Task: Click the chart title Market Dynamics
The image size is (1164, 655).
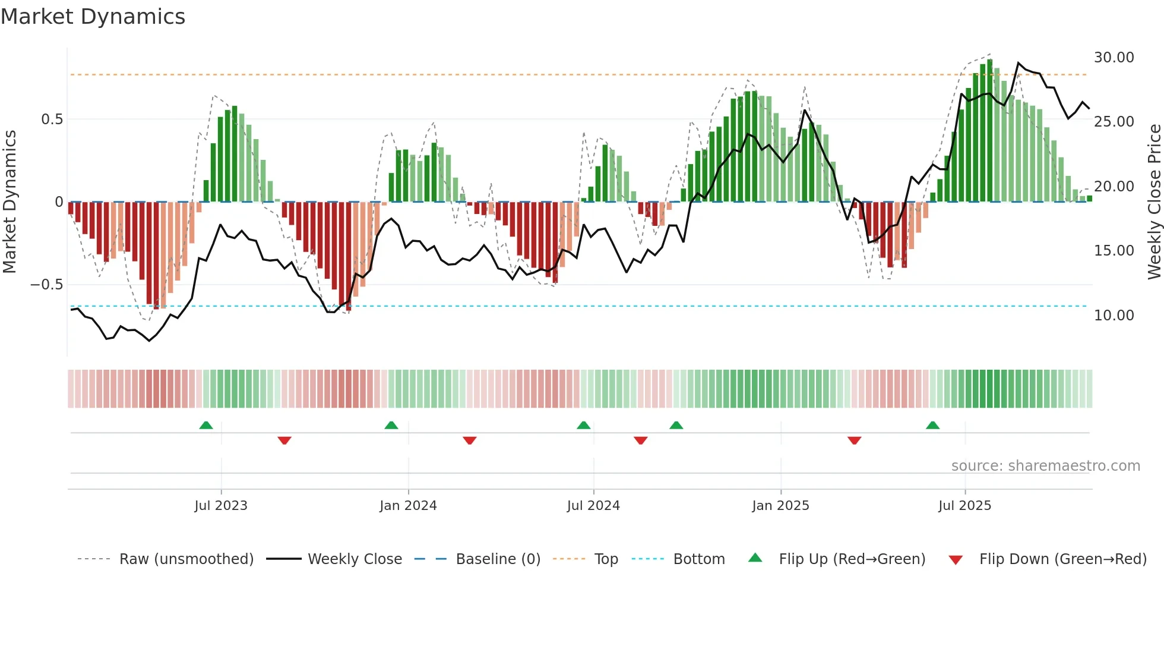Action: click(93, 17)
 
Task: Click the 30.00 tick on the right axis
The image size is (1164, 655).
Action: click(1114, 58)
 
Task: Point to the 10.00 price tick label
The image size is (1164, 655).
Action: click(1114, 316)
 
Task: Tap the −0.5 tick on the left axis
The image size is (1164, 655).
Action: click(46, 285)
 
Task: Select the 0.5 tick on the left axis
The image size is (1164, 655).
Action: click(52, 119)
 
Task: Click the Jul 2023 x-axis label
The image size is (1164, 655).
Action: click(221, 506)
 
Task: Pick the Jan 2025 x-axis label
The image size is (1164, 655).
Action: click(780, 506)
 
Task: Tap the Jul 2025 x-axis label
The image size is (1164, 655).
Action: click(964, 506)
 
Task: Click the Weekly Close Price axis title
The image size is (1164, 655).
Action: click(1154, 202)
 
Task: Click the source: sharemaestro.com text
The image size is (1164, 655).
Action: click(1045, 466)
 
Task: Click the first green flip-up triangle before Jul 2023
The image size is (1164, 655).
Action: click(206, 426)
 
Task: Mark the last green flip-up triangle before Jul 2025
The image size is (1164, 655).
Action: click(932, 426)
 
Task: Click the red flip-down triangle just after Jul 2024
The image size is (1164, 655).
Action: click(640, 440)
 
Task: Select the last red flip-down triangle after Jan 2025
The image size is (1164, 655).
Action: click(854, 440)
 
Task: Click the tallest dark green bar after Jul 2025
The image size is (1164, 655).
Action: click(989, 131)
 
